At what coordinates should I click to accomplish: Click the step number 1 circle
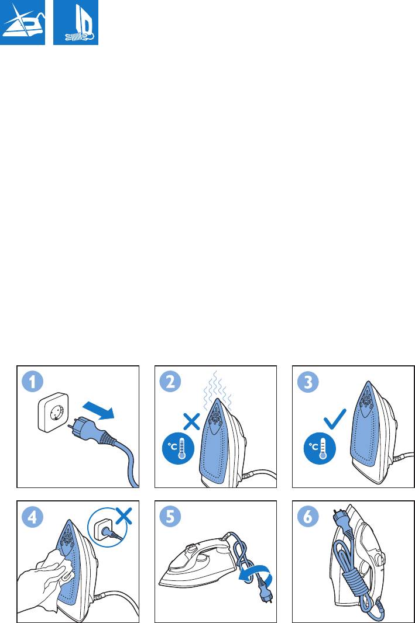32,382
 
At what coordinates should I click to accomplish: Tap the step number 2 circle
170,382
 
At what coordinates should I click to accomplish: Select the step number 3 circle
308,382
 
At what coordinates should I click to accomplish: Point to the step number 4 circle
32,517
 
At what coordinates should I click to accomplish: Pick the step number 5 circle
170,517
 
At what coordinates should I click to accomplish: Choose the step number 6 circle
308,517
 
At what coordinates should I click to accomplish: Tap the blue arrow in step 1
98,410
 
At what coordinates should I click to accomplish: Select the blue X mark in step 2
191,421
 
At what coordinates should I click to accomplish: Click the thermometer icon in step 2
179,449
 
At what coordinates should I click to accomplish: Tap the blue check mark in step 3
335,418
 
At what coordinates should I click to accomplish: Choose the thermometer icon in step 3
320,449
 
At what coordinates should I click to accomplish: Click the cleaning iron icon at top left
22,22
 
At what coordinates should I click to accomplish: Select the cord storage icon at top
76,22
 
